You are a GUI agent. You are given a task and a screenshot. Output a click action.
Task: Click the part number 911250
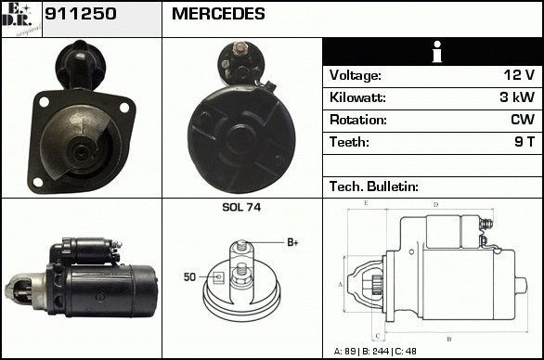point(81,14)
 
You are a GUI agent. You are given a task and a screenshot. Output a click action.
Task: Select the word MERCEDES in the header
point(218,14)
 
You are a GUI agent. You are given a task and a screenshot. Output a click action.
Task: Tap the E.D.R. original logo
point(21,19)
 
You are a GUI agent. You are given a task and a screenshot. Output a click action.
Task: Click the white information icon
point(437,52)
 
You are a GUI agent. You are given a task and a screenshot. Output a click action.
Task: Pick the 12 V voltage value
point(519,75)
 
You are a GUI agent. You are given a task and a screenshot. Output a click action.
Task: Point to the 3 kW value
point(517,97)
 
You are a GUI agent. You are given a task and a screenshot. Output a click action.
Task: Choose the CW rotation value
point(523,120)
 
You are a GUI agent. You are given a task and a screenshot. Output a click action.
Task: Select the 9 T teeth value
point(525,142)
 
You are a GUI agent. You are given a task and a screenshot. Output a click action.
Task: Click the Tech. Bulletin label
point(374,186)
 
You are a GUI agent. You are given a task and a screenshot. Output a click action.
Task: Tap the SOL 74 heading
point(241,207)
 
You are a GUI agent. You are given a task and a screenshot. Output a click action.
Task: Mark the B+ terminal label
point(292,242)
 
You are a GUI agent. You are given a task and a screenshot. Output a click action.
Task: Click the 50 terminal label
point(189,277)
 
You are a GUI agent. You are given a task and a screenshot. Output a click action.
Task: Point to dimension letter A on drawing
point(341,285)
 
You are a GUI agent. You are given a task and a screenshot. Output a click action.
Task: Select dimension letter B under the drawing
point(449,340)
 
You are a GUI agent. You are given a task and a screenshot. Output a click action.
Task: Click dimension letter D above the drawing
point(436,205)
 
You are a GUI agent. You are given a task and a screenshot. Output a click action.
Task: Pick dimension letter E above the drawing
point(366,203)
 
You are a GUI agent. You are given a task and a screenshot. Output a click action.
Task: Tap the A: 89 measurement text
point(344,352)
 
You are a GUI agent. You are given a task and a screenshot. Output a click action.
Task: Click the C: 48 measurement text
point(406,352)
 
